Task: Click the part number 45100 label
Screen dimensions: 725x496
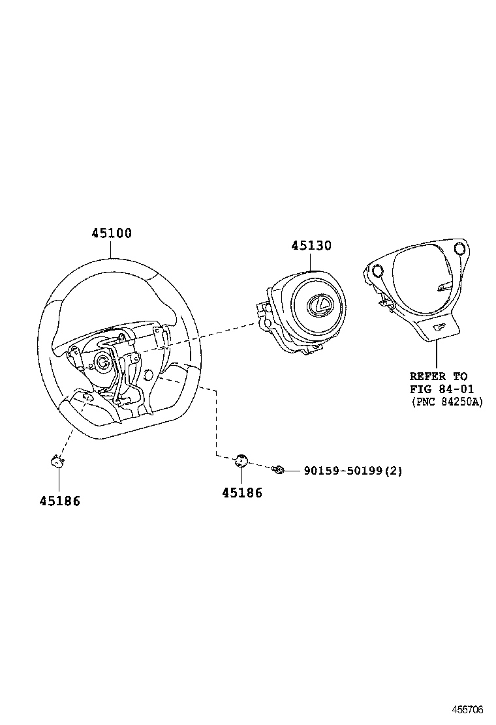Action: tap(110, 233)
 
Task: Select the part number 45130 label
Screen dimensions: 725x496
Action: tap(311, 245)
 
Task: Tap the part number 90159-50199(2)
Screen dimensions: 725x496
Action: tap(352, 470)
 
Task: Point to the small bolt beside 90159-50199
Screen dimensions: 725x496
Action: tap(279, 469)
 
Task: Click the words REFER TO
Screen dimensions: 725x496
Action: tap(439, 376)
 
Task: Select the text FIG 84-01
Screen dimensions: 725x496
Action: tap(441, 389)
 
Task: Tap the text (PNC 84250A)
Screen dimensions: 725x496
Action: tap(447, 402)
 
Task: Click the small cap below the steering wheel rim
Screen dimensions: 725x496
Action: tap(57, 462)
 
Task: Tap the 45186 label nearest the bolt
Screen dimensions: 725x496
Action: tap(241, 494)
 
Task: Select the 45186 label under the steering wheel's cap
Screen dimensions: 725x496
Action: tap(59, 501)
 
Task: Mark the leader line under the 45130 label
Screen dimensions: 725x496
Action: tap(311, 261)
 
